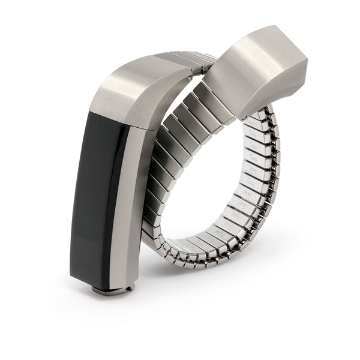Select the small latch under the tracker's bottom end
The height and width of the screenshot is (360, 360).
click(x=110, y=290)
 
